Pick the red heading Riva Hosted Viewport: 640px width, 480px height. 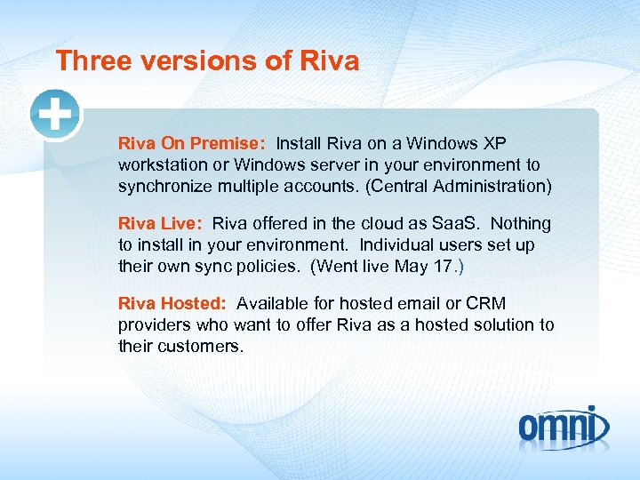tap(172, 304)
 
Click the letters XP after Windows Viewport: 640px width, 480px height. tap(494, 143)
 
